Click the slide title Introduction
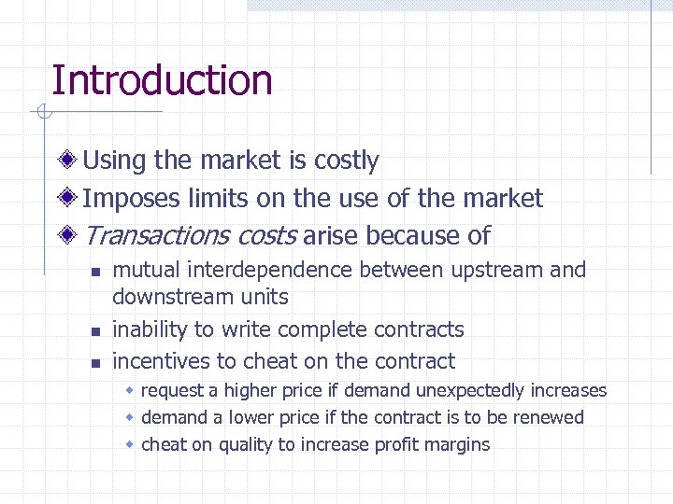click(162, 80)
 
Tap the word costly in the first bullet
click(346, 161)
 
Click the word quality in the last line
click(246, 445)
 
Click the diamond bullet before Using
click(68, 161)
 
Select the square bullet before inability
click(95, 331)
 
